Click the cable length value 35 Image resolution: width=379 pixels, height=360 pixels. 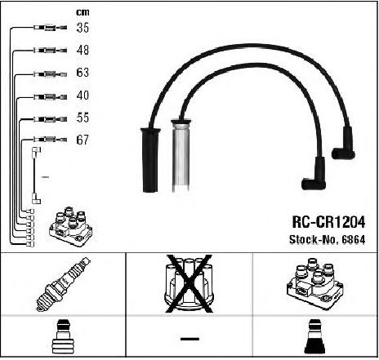[82, 28]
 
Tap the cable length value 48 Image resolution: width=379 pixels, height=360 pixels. [82, 50]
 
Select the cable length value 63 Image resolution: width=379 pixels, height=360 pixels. [82, 73]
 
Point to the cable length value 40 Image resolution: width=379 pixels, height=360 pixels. [82, 96]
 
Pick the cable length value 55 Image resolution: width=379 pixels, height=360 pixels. [82, 118]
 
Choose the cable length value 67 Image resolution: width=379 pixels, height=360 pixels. [82, 140]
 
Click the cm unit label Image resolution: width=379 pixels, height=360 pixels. [82, 12]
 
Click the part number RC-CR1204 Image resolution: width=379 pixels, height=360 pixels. [328, 222]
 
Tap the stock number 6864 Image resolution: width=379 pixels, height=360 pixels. [354, 240]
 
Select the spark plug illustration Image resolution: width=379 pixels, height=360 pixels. [63, 284]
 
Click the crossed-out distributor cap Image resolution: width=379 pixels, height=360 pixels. [189, 283]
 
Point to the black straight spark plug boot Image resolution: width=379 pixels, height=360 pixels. [150, 160]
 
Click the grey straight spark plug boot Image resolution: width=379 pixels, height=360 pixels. [181, 155]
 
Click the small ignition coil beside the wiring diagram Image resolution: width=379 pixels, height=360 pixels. [71, 227]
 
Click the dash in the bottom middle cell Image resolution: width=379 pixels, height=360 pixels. [189, 339]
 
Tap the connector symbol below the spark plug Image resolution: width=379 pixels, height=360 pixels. [63, 336]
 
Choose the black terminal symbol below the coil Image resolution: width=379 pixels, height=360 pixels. [314, 336]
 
